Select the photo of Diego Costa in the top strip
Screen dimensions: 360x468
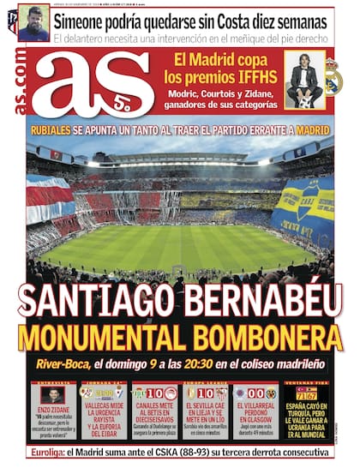(33, 23)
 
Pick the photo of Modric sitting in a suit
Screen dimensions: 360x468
(304, 83)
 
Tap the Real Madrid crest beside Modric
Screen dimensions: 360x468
(333, 79)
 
